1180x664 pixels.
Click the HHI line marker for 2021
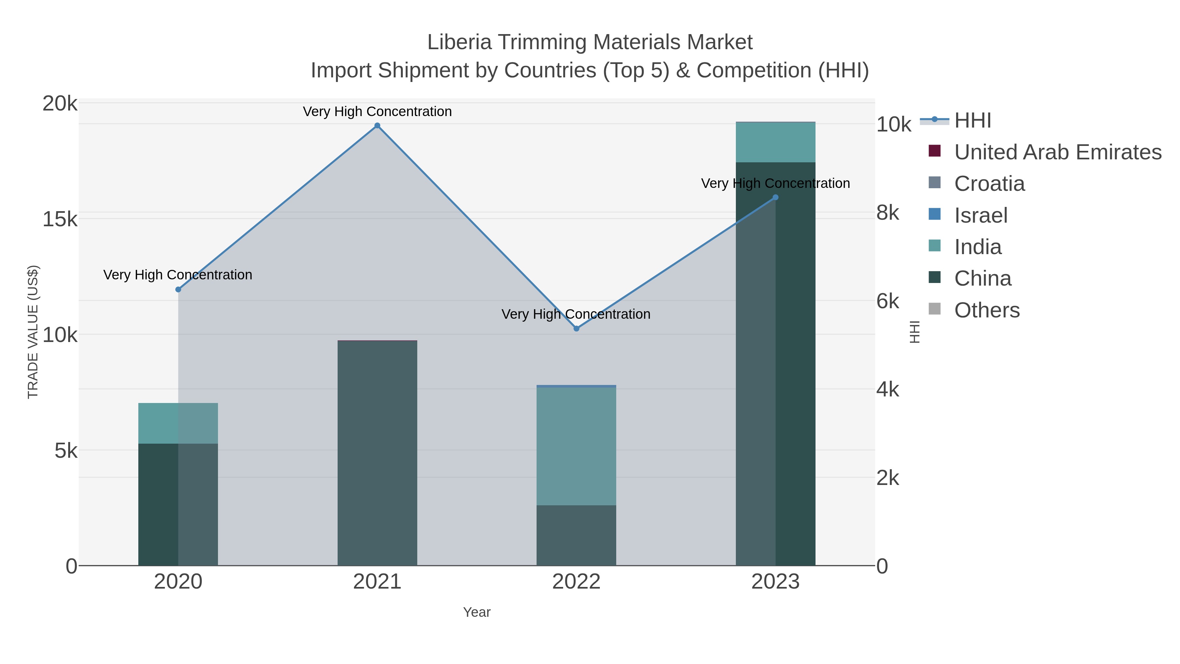pos(377,126)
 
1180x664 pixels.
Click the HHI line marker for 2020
pos(178,289)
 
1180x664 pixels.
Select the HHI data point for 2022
pos(576,329)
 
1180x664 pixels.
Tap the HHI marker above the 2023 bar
pos(775,197)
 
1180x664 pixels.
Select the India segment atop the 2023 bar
pos(775,142)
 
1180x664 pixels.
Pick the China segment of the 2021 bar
pos(377,454)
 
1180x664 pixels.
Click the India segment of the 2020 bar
pos(178,423)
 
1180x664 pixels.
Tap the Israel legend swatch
pos(934,214)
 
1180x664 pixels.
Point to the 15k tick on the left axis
pos(60,219)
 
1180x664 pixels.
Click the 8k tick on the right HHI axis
pos(888,213)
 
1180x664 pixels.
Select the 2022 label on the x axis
pos(576,582)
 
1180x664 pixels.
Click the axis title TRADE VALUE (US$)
pos(33,332)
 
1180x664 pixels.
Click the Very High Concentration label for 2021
pos(377,112)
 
